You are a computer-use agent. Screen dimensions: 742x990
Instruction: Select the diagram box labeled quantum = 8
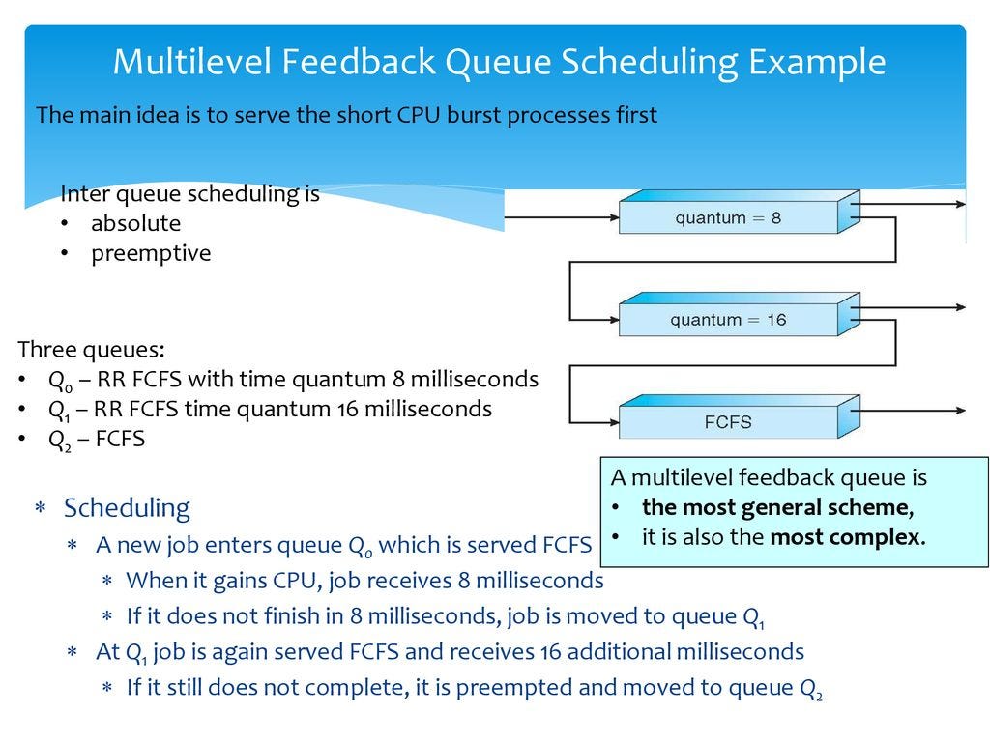click(x=728, y=217)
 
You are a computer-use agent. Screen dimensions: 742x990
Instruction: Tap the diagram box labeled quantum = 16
click(x=728, y=320)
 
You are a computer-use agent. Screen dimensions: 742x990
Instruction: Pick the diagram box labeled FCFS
click(x=728, y=422)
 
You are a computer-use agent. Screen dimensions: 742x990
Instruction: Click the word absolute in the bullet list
click(x=135, y=223)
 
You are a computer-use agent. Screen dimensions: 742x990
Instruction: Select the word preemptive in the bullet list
click(x=150, y=253)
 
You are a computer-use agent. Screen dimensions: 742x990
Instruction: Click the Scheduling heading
click(x=127, y=508)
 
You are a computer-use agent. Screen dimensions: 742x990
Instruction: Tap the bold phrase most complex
click(x=846, y=537)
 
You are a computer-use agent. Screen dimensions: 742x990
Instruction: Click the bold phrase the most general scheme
click(x=776, y=508)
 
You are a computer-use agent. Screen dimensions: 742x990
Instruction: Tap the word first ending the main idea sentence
click(x=635, y=115)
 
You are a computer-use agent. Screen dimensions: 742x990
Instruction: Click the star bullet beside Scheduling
click(x=41, y=509)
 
